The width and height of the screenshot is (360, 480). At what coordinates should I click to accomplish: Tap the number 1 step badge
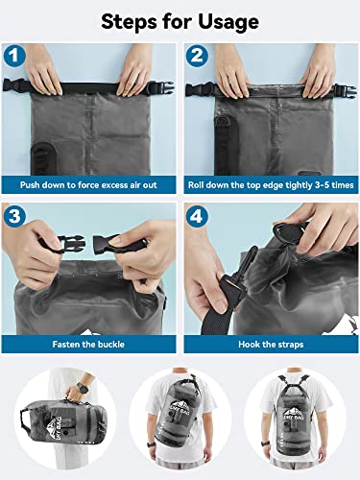click(x=13, y=57)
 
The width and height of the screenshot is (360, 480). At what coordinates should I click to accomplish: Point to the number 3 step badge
click(x=13, y=216)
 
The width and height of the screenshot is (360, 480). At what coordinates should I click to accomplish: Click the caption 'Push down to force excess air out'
click(x=90, y=181)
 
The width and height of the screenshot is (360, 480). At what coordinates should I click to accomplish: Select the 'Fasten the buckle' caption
click(x=90, y=342)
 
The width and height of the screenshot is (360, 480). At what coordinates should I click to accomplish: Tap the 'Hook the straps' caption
click(x=270, y=342)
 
